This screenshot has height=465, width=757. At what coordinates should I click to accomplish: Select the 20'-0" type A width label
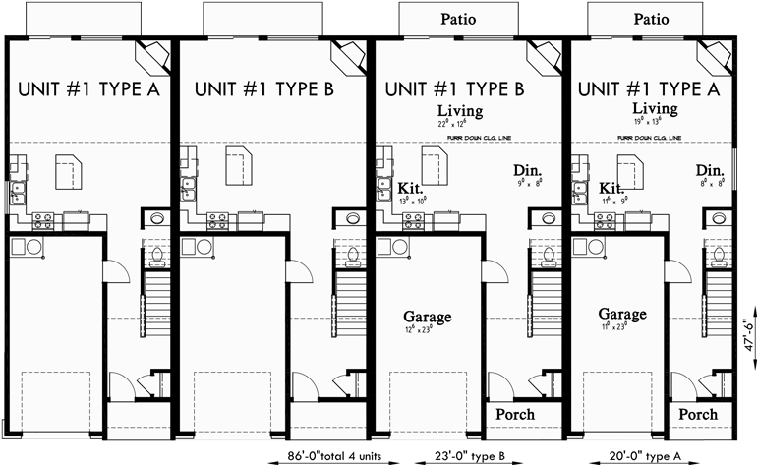(x=644, y=454)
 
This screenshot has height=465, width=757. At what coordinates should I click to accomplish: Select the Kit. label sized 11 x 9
(x=612, y=188)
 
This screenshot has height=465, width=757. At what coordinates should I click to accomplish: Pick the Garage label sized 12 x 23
(x=427, y=318)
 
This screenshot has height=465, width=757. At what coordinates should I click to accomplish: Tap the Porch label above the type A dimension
(x=698, y=415)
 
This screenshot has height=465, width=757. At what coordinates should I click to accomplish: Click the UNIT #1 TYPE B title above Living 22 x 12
(x=453, y=88)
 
